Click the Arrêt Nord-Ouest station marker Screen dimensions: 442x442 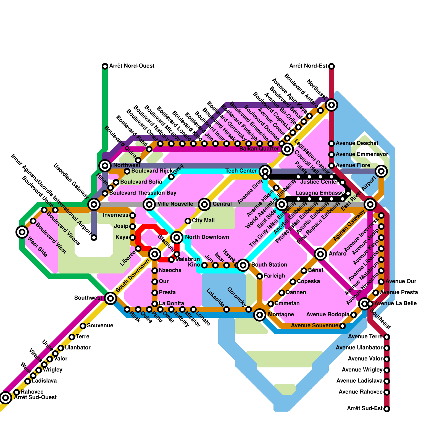[x=105, y=66]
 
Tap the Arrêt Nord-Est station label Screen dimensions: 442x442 [x=308, y=66]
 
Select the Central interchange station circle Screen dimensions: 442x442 [x=204, y=204]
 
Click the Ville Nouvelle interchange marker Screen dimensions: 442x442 [x=149, y=204]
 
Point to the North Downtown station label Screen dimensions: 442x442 [x=207, y=237]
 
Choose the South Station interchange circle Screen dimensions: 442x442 [x=243, y=265]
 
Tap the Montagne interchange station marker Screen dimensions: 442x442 [x=260, y=315]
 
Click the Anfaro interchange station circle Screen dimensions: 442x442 [x=320, y=254]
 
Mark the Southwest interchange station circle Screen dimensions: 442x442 [x=110, y=298]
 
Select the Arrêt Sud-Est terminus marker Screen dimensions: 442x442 [x=387, y=409]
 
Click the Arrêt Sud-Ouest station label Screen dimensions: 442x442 [x=35, y=398]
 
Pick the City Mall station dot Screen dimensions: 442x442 [x=188, y=221]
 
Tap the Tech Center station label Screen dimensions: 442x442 [x=241, y=171]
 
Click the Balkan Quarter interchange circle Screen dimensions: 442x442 [x=287, y=149]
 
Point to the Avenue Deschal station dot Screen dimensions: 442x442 [x=331, y=143]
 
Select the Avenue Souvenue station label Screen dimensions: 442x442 [x=315, y=326]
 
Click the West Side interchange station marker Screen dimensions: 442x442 [x=22, y=232]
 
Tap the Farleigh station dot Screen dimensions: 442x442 [x=260, y=276]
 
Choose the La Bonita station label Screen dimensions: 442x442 [x=171, y=304]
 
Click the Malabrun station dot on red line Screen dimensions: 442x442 [x=171, y=259]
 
